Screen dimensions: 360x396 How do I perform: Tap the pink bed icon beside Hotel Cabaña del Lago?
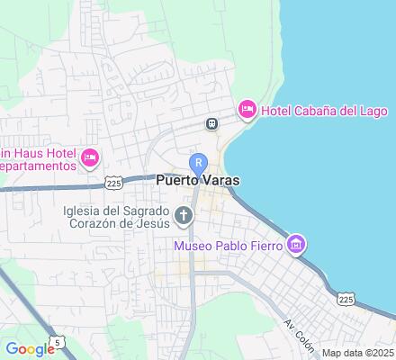[x=246, y=110]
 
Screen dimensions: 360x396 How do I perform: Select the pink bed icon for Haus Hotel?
[x=89, y=159]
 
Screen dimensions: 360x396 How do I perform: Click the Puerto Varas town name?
[x=198, y=180]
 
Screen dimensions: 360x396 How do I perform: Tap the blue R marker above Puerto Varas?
[x=199, y=162]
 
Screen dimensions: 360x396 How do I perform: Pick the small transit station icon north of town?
[x=211, y=124]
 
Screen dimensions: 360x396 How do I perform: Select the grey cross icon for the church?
[x=184, y=215]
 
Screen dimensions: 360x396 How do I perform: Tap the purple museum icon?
[x=296, y=244]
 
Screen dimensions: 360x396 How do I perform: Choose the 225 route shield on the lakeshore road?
[x=346, y=297]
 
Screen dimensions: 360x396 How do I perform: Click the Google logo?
[x=29, y=349]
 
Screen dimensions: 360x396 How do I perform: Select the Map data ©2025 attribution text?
[x=358, y=353]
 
